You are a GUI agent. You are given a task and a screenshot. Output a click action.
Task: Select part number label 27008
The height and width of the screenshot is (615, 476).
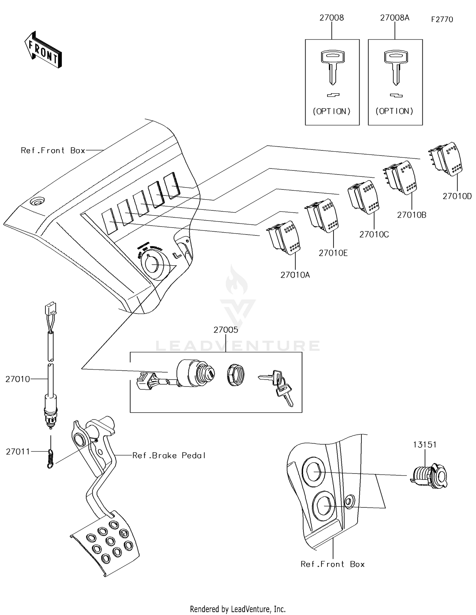331,18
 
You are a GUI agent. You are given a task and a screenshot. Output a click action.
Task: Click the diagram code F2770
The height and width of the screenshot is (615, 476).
442,19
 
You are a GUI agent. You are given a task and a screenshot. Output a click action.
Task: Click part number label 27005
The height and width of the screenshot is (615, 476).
226,330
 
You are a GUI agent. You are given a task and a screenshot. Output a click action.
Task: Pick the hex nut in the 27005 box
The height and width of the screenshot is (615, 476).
236,375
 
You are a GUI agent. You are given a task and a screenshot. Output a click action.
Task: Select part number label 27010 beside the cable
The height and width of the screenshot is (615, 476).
17,379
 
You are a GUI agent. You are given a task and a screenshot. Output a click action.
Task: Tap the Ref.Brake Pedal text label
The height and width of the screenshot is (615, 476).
169,455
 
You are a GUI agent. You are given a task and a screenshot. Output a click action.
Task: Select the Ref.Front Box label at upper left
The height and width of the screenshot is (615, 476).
53,150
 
